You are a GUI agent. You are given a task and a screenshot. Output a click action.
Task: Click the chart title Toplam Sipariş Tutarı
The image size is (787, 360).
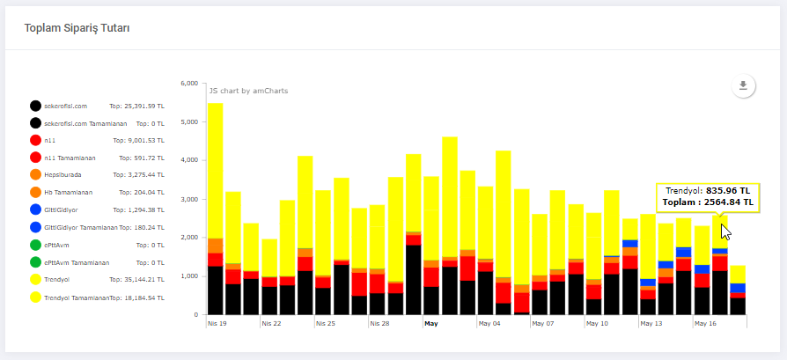[x=77, y=28]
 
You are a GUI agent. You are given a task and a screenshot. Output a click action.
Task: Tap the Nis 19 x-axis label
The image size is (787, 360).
[x=217, y=323]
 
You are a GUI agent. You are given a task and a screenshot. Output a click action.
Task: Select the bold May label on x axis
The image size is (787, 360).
[x=430, y=323]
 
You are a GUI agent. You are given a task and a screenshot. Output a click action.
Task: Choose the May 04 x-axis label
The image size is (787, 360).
[x=489, y=323]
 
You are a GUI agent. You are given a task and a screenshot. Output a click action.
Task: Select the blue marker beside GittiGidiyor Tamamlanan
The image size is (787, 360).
[x=36, y=227]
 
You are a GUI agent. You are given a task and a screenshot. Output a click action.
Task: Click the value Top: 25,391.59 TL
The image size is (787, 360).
[x=136, y=106]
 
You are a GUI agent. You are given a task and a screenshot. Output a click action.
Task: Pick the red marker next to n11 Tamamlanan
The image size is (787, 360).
[x=36, y=158]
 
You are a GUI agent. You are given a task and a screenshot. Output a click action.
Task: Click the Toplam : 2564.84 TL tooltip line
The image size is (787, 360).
[x=710, y=202]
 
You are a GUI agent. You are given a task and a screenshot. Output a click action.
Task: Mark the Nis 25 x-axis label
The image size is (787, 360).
[x=324, y=323]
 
